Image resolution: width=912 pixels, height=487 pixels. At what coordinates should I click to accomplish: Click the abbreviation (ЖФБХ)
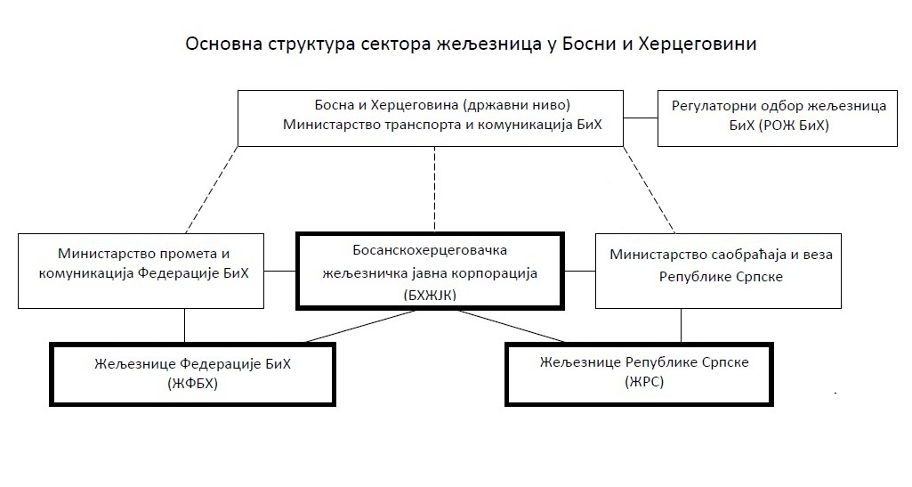(192, 384)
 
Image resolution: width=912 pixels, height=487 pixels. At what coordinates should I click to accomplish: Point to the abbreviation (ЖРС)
(645, 383)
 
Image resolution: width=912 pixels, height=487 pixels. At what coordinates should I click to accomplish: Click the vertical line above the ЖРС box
(682, 326)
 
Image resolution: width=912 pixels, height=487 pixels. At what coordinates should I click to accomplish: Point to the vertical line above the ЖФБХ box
(184, 326)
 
